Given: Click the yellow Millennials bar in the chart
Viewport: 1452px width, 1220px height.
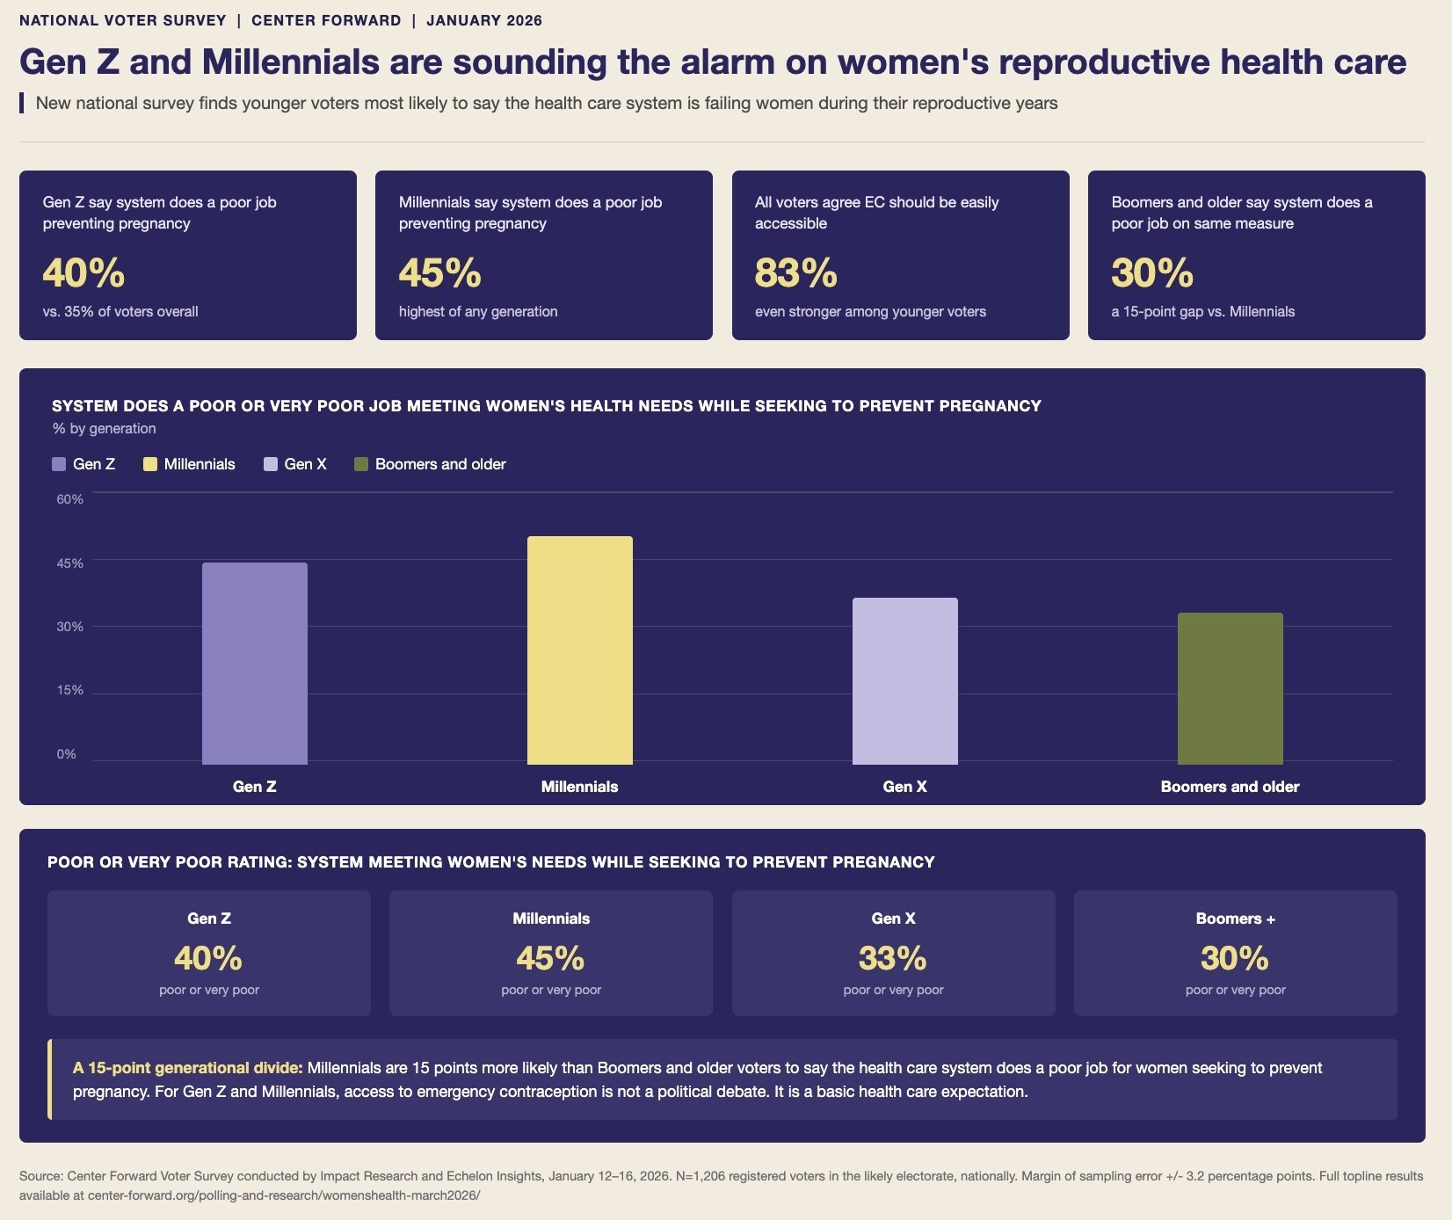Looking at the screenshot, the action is coord(580,650).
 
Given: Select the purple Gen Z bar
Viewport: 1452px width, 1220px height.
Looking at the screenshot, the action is coord(255,664).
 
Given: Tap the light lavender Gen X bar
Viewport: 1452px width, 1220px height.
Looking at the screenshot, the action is coord(905,681).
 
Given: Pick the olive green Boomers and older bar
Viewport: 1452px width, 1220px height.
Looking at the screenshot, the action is coord(1231,688).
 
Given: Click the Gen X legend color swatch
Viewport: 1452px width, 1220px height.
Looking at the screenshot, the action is coord(271,464).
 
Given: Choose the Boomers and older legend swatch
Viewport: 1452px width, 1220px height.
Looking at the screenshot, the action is coord(361,464).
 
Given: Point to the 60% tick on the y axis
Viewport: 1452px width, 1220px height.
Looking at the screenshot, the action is coord(70,499).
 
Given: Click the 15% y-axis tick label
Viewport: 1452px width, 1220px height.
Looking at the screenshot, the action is coord(70,690).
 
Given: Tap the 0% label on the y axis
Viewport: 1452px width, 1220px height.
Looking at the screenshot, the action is coord(67,754).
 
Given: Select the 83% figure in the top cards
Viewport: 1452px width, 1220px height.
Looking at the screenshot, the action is coord(796,272).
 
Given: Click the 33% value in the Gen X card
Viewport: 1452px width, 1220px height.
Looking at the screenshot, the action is coord(893,958).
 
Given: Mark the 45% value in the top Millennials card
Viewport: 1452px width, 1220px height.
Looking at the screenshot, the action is coord(440,272).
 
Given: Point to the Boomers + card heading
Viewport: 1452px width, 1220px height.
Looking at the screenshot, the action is coord(1236,919).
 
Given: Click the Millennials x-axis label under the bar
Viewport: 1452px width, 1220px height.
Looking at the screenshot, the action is coord(580,787).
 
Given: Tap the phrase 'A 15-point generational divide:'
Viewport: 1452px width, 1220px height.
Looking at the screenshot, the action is coord(188,1068).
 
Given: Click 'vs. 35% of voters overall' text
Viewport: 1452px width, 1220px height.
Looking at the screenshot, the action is coord(120,311).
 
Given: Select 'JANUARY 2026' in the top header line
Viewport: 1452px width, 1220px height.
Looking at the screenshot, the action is coord(484,20).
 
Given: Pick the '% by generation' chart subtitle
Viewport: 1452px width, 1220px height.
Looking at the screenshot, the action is coord(104,429).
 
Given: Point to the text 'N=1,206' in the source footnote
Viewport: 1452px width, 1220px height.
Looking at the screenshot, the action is coord(701,1176).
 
